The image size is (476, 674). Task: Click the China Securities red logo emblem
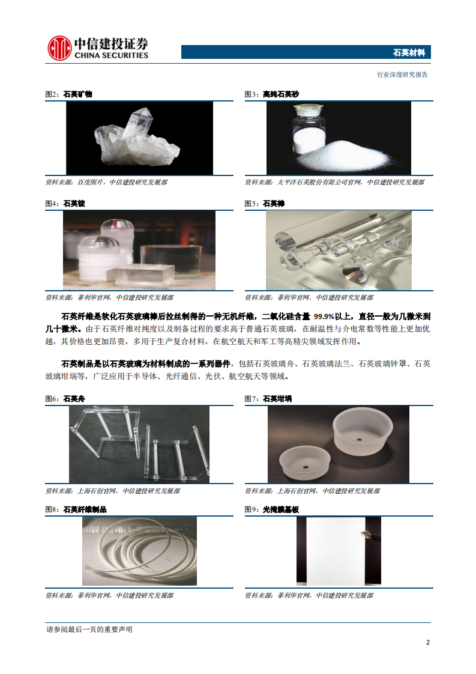[x=59, y=49]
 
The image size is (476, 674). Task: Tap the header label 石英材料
[x=409, y=53]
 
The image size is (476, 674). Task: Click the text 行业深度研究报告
[x=402, y=75]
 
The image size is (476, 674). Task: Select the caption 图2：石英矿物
[x=69, y=94]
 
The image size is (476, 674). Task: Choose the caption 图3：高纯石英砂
[x=271, y=94]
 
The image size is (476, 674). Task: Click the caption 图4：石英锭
[x=65, y=204]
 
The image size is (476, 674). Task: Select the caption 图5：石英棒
[x=264, y=204]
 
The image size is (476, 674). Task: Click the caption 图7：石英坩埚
[x=268, y=398]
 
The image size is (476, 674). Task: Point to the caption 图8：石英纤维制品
[x=76, y=509]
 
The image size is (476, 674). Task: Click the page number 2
[x=427, y=642]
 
